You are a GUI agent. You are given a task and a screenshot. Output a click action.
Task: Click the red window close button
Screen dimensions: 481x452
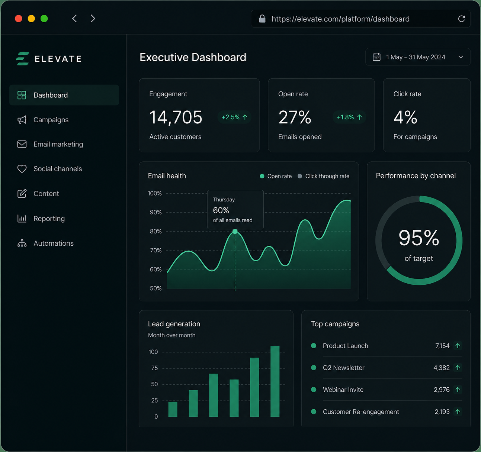[x=19, y=19]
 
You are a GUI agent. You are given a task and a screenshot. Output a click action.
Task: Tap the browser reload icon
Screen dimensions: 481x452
[x=461, y=19]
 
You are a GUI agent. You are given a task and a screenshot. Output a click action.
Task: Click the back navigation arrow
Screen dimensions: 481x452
[x=75, y=18]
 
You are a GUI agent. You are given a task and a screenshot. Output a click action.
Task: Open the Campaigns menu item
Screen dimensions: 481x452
[x=51, y=120]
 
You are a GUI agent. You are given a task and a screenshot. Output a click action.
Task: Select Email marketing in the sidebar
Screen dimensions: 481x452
[x=58, y=144]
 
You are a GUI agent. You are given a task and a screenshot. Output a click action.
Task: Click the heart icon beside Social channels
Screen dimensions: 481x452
[x=22, y=169]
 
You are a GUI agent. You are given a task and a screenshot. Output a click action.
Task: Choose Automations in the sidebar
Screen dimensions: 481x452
[x=54, y=243]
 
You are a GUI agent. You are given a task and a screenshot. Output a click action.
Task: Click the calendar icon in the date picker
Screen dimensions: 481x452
[x=376, y=57]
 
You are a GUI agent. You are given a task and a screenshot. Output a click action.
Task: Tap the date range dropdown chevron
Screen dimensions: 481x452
[x=461, y=57]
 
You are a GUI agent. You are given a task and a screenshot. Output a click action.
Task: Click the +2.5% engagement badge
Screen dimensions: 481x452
[x=234, y=117]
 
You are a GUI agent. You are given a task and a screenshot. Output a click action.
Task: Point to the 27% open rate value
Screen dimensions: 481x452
[x=295, y=117]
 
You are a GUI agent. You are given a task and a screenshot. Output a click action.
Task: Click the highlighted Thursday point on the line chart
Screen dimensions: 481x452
[x=235, y=232]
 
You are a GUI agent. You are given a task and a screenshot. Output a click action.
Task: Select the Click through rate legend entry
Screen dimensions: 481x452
[x=323, y=176]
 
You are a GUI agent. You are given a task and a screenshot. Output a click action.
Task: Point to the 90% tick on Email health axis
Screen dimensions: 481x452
[x=155, y=212]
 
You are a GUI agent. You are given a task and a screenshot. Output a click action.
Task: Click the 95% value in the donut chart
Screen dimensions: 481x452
[x=419, y=238]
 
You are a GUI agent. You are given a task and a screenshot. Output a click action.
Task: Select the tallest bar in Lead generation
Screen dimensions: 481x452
[x=275, y=381]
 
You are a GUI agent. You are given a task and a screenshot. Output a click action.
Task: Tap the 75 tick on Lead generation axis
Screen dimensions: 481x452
[x=154, y=368]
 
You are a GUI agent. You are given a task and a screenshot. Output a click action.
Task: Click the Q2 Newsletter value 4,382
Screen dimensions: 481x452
[x=441, y=368]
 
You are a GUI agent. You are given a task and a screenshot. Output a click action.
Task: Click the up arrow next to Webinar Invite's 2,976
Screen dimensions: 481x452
[x=458, y=390]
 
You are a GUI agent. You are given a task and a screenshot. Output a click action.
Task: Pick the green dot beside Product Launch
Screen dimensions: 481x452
[x=314, y=346]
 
